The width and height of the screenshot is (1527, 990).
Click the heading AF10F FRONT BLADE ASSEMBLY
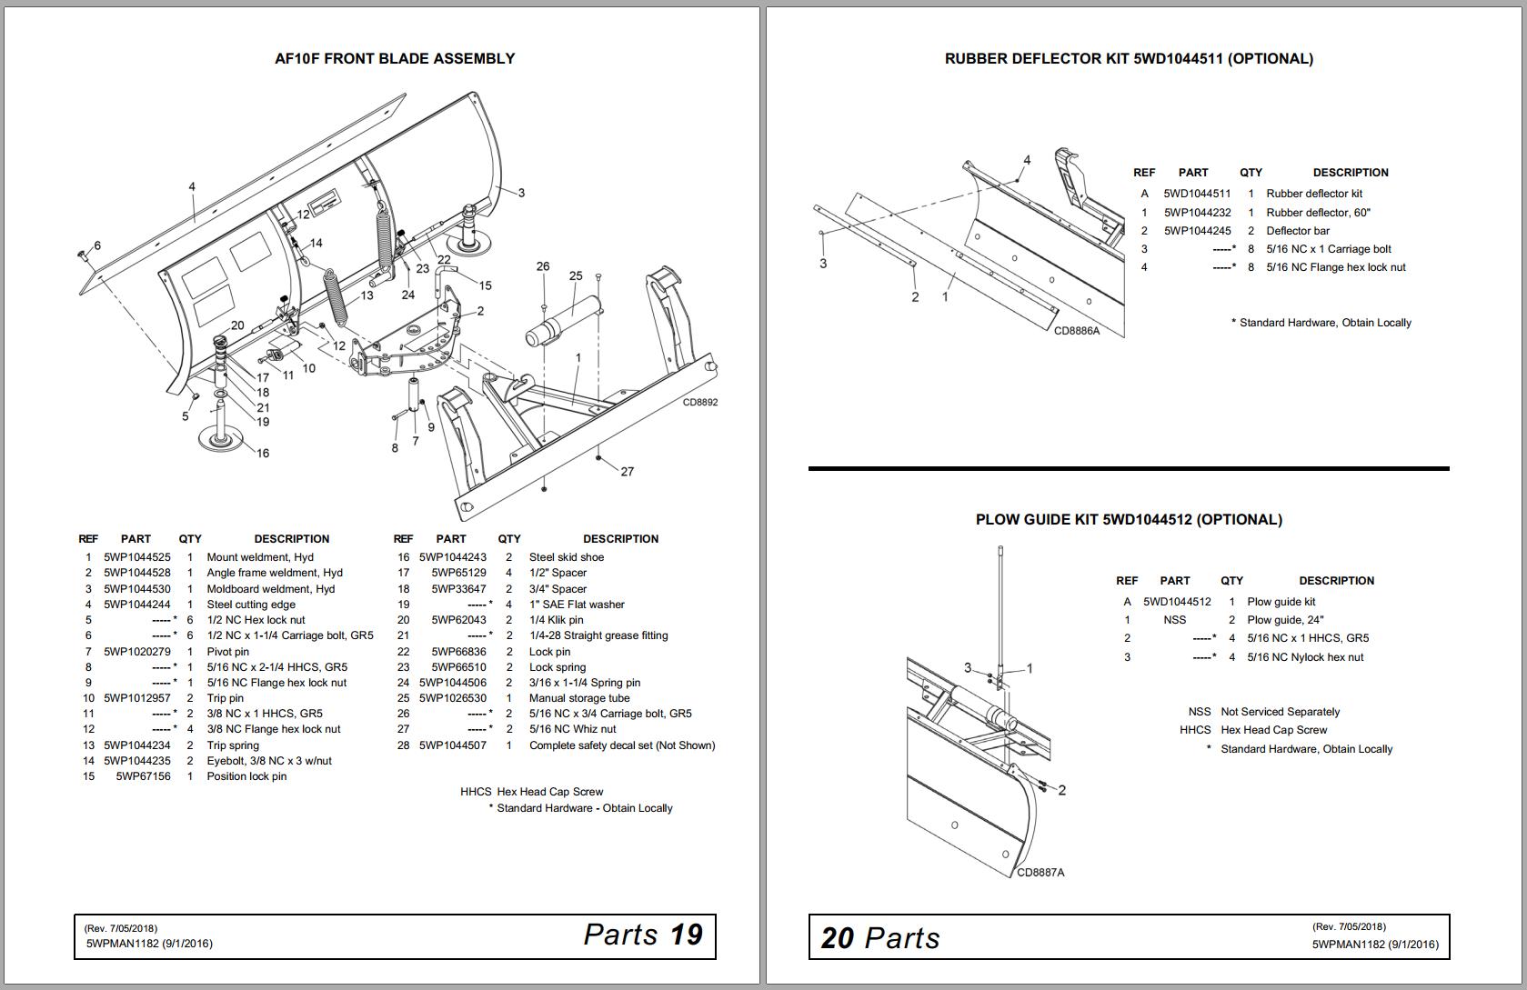tap(395, 59)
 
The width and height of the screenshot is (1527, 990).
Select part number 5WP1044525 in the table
tap(136, 557)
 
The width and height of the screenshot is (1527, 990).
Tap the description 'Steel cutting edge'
tap(251, 605)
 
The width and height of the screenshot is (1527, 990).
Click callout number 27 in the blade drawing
tap(627, 471)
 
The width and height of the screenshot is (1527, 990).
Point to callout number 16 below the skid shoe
tap(262, 453)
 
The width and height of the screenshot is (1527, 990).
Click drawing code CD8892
tap(699, 402)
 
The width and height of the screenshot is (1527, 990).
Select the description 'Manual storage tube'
tap(579, 698)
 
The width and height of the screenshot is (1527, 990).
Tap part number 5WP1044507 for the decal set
tap(452, 745)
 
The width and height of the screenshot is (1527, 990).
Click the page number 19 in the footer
tap(687, 935)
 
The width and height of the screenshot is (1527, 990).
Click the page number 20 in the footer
tap(836, 938)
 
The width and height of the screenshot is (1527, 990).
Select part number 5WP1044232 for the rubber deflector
tap(1197, 213)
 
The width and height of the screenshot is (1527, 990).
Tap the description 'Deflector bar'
tap(1298, 231)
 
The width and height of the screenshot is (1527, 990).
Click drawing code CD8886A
tap(1077, 331)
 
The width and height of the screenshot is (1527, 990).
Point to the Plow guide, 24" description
tap(1285, 620)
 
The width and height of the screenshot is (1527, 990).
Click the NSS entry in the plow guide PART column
tap(1174, 620)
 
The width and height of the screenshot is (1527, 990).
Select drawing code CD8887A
tap(1040, 873)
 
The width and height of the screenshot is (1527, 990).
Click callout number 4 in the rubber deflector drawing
tap(1027, 160)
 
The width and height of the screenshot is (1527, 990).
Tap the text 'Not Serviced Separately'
tap(1280, 712)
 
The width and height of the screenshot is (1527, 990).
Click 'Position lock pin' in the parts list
tap(246, 776)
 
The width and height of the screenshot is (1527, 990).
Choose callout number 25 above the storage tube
tap(576, 275)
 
